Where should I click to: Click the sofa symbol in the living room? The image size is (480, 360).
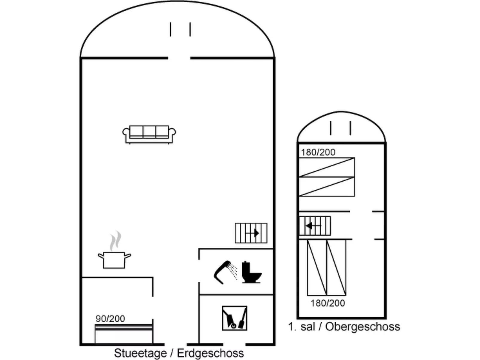tap(149, 135)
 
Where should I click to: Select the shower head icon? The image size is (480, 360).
tap(226, 272)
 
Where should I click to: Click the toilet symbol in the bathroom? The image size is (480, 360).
tap(252, 272)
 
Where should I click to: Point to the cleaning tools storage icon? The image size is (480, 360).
tap(234, 318)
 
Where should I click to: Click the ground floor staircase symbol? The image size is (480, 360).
tap(251, 233)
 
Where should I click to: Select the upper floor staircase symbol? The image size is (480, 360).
tap(315, 226)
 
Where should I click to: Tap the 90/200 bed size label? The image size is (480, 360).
tap(110, 319)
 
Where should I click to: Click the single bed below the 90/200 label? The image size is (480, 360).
tap(124, 334)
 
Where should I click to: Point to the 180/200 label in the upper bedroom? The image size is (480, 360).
tap(318, 152)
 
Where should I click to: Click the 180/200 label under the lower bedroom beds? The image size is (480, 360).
tap(328, 303)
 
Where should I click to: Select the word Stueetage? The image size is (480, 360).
tap(140, 353)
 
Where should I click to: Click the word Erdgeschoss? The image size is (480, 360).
tap(210, 353)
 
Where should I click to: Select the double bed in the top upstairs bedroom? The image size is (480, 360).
tap(327, 177)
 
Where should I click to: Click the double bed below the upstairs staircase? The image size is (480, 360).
tap(327, 268)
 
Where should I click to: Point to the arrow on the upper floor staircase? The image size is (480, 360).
tap(314, 226)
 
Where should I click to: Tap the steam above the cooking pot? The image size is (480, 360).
tap(115, 241)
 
